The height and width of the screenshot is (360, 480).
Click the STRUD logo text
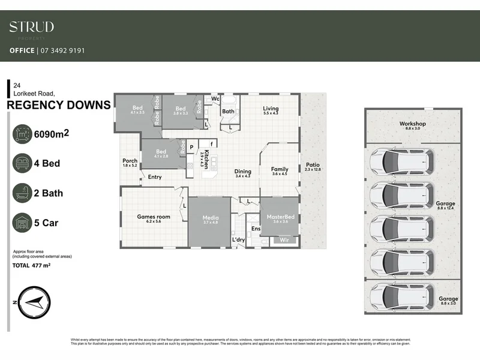click(x=31, y=27)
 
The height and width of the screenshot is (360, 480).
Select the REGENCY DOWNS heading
click(x=58, y=106)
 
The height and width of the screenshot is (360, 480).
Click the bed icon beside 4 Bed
click(x=22, y=163)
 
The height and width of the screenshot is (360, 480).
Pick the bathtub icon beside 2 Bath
click(x=22, y=193)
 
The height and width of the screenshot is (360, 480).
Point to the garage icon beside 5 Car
click(x=22, y=223)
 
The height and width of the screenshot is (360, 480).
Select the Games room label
click(x=154, y=217)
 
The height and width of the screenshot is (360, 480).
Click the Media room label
click(x=210, y=218)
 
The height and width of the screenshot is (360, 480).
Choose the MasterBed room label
click(x=277, y=217)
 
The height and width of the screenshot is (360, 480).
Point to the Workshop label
click(x=412, y=124)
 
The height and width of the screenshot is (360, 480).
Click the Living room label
click(x=271, y=109)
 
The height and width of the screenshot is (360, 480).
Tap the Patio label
click(x=313, y=165)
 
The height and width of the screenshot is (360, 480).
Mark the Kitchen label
click(x=206, y=160)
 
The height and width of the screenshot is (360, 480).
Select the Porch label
click(x=130, y=161)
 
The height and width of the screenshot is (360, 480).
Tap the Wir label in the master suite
click(x=284, y=240)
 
